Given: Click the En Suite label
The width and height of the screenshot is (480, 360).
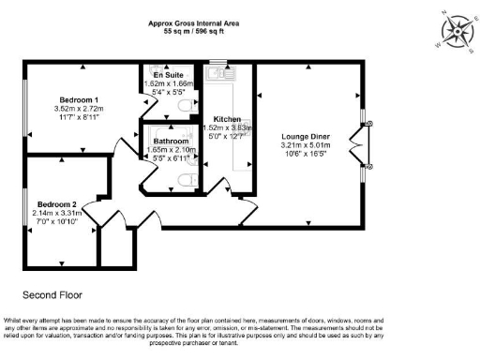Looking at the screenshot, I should tap(171, 74).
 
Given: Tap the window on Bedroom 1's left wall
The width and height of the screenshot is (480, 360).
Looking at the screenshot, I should tap(25, 104).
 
